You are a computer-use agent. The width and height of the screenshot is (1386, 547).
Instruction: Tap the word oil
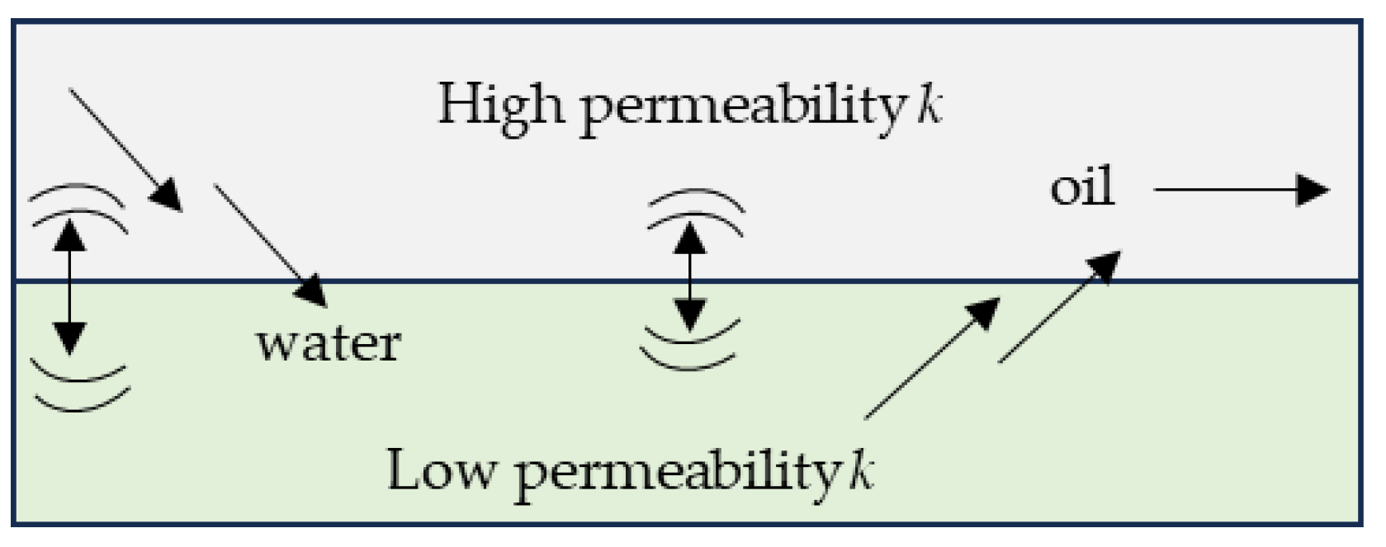(x=1082, y=188)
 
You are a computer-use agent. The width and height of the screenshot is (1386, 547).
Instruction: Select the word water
(x=329, y=343)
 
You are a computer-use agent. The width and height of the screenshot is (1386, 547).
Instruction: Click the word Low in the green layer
(x=442, y=469)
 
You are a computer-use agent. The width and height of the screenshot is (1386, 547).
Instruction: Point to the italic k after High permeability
(x=929, y=105)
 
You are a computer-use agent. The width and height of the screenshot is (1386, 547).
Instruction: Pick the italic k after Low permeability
(x=861, y=469)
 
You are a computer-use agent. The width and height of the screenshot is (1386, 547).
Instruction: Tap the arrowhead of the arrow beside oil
(x=1313, y=190)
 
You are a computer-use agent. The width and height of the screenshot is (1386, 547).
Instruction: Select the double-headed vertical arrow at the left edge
(x=70, y=288)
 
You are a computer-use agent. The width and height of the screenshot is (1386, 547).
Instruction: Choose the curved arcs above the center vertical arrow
(x=695, y=206)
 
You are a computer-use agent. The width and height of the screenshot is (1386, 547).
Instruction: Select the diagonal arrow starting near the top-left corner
(x=124, y=149)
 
